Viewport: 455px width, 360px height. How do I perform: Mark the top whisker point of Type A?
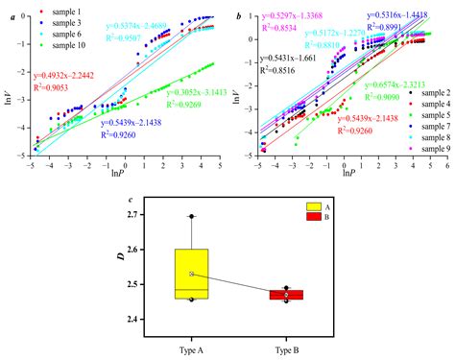pyautogui.click(x=192, y=216)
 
